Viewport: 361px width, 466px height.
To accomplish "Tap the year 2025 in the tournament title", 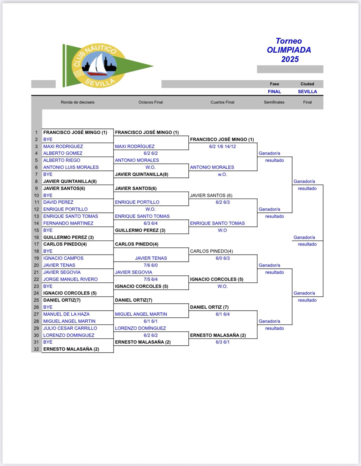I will [290, 59].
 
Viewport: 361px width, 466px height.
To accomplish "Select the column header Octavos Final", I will [151, 102].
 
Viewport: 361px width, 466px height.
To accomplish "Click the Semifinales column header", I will [274, 102].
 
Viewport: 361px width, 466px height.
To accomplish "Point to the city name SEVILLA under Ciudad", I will [307, 91].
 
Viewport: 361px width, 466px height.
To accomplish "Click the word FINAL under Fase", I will [274, 91].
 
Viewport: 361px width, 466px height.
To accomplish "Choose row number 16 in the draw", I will [36, 237].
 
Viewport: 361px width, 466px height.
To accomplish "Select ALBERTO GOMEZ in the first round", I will [63, 153].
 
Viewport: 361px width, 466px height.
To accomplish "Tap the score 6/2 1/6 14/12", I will [222, 146].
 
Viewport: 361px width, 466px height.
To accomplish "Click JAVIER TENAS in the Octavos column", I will [151, 258].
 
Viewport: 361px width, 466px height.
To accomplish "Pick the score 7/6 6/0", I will [151, 265].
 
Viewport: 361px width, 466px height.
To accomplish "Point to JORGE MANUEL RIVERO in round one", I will [70, 279].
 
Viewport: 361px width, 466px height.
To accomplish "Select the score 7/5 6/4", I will [151, 279].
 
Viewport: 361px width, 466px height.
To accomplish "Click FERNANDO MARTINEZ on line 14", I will [68, 223].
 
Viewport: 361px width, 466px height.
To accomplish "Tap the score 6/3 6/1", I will [222, 342].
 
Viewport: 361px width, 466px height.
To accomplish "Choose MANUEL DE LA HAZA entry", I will [66, 314].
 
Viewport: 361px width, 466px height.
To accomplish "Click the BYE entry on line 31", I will [48, 342].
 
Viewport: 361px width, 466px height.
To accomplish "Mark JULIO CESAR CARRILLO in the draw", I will [70, 328].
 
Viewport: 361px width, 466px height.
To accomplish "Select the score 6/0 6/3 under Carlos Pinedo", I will [222, 258].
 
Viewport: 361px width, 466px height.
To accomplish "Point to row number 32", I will [36, 349].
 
